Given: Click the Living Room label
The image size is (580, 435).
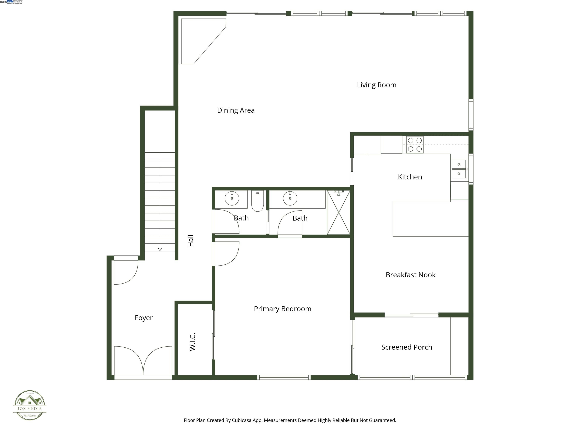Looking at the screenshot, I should tap(376, 85).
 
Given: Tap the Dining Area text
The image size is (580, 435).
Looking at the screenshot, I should tap(236, 110).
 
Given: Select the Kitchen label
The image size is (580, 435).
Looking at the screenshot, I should tap(410, 177).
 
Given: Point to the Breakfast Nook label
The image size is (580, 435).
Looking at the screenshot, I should tap(410, 275).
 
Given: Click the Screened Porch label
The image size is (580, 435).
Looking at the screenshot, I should tap(406, 347).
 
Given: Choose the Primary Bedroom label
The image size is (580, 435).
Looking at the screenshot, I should tap(282, 309).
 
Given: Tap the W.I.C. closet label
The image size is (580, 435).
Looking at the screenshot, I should tap(193, 342).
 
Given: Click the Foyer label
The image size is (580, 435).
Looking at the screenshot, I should tap(143, 318).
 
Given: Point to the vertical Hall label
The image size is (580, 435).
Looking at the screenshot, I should tap(191, 241).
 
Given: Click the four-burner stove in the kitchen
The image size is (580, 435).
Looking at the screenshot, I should tap(415, 145).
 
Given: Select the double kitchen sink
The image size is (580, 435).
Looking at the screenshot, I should tap(459, 169).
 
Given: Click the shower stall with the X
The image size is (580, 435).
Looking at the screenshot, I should tap(339, 213).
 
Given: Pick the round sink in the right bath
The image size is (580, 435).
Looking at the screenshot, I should tap(290, 198).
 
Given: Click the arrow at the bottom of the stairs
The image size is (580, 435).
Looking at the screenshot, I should tap(160, 249).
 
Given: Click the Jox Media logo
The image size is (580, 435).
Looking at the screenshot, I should tap(30, 405).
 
